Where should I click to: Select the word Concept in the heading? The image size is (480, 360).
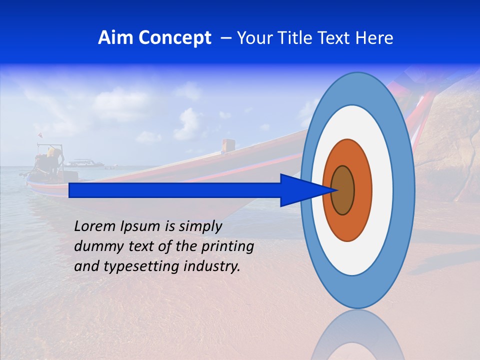point(175,38)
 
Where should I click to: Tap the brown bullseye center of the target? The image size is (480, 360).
point(343,190)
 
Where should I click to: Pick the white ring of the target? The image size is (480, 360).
point(382,190)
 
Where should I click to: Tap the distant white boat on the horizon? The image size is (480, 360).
point(83,163)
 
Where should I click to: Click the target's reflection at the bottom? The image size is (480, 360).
point(357,337)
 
